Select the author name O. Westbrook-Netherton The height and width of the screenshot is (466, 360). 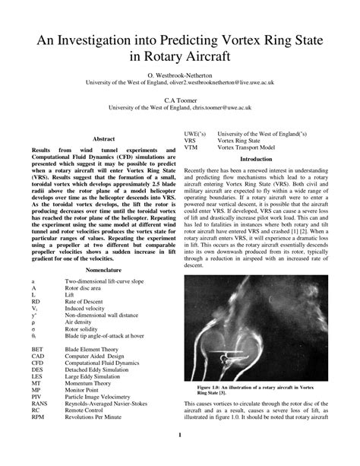(x=180, y=77)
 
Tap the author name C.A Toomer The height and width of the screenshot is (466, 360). (x=180, y=100)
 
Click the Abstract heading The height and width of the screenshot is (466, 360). (x=103, y=139)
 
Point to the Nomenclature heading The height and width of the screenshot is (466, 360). (x=103, y=270)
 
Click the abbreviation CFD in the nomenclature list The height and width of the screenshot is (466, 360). (x=38, y=363)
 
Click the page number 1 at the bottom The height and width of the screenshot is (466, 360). (x=180, y=434)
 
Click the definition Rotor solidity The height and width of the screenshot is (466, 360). (x=84, y=329)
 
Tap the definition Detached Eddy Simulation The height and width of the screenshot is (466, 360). (x=101, y=370)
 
